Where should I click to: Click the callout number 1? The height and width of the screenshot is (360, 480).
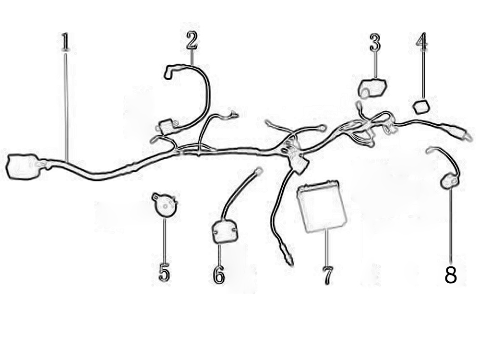[x=65, y=42]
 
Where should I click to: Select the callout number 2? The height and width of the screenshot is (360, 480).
[x=192, y=40]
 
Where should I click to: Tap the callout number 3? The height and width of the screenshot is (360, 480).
[x=375, y=43]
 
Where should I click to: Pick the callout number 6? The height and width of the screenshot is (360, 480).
[x=218, y=274]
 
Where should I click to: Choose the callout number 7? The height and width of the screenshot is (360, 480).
[x=327, y=275]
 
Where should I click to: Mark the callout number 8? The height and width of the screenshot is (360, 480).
[x=450, y=275]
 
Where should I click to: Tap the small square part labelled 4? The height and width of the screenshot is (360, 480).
[x=421, y=107]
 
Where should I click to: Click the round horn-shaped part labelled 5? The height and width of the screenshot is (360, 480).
[x=165, y=204]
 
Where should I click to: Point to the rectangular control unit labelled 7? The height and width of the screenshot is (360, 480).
[x=322, y=206]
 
